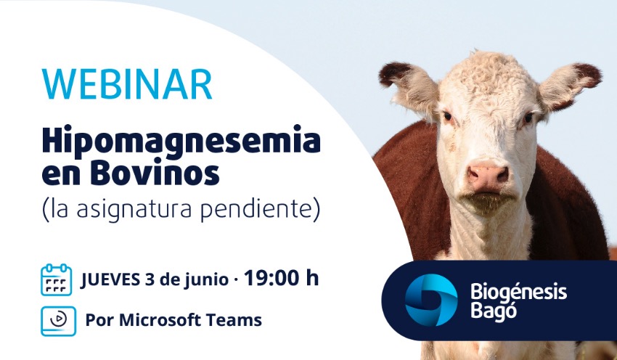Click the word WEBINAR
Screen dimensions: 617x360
pos(127,84)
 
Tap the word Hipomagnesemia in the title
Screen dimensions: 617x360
pos(181,142)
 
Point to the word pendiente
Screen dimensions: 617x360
pos(256,209)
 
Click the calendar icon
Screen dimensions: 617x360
pos(57,279)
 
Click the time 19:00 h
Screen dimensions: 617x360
pos(281,278)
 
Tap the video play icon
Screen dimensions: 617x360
pos(58,321)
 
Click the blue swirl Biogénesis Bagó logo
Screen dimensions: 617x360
pos(431,300)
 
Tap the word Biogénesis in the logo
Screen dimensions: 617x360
pos(518,292)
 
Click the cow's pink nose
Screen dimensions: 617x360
pos(488,176)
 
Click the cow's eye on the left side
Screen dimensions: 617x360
pos(447,116)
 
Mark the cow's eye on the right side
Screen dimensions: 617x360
pos(528,118)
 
